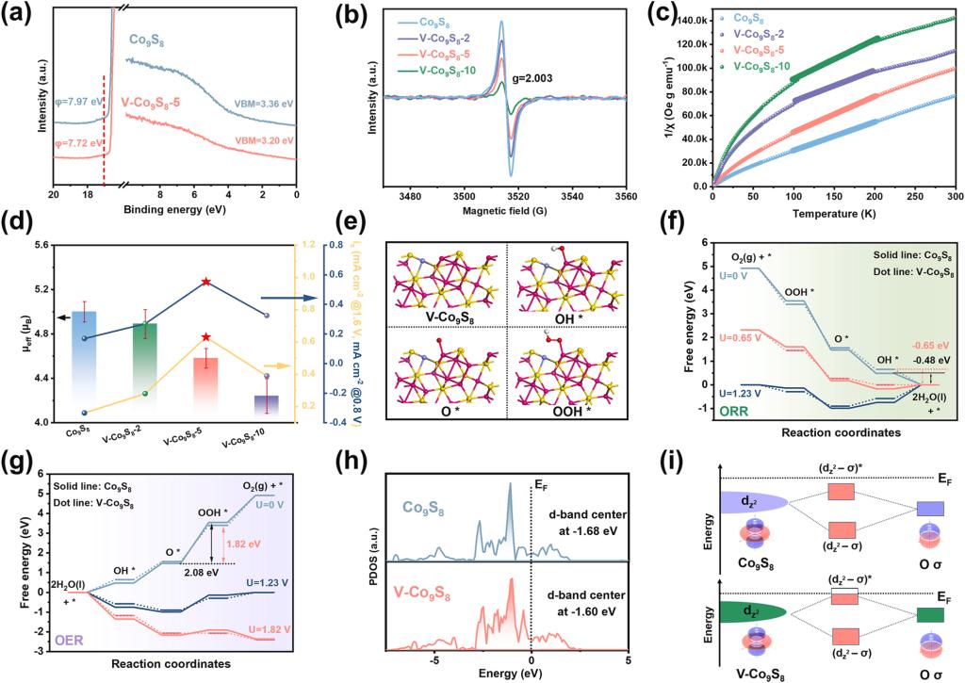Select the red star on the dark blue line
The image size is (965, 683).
(206, 282)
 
